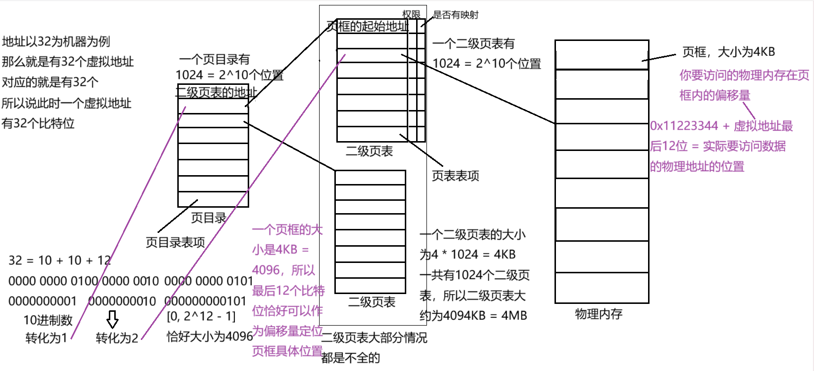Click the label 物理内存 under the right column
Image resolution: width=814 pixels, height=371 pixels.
pyautogui.click(x=598, y=314)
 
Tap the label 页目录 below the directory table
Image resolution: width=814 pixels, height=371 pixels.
pyautogui.click(x=208, y=218)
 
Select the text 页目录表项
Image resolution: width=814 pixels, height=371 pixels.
pyautogui.click(x=175, y=242)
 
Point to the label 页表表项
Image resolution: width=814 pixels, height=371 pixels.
pyautogui.click(x=456, y=176)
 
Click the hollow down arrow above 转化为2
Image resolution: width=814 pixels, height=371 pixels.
pyautogui.click(x=113, y=319)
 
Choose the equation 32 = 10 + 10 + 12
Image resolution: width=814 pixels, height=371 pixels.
pyautogui.click(x=60, y=260)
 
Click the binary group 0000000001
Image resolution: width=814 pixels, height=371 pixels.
pyautogui.click(x=42, y=301)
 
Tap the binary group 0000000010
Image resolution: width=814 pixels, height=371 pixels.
pyautogui.click(x=122, y=301)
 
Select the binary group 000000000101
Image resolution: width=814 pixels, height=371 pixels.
pyautogui.click(x=205, y=301)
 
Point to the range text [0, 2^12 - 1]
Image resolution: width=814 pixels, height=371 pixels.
pyautogui.click(x=201, y=316)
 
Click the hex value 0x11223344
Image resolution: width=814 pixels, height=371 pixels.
pyautogui.click(x=684, y=126)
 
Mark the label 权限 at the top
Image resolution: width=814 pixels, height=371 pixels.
pyautogui.click(x=411, y=14)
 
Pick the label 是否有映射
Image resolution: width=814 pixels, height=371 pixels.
pyautogui.click(x=456, y=15)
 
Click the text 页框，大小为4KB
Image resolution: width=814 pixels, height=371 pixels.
pyautogui.click(x=728, y=52)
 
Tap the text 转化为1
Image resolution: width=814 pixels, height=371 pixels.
pyautogui.click(x=46, y=338)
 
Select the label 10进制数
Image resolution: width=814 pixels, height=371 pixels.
pyautogui.click(x=48, y=320)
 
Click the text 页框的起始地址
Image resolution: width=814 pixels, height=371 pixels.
pyautogui.click(x=367, y=27)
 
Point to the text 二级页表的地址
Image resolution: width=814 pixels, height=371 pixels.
pyautogui.click(x=217, y=92)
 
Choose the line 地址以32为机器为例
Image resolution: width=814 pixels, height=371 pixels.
pyautogui.click(x=56, y=41)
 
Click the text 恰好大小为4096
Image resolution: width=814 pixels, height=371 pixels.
pyautogui.click(x=210, y=336)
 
